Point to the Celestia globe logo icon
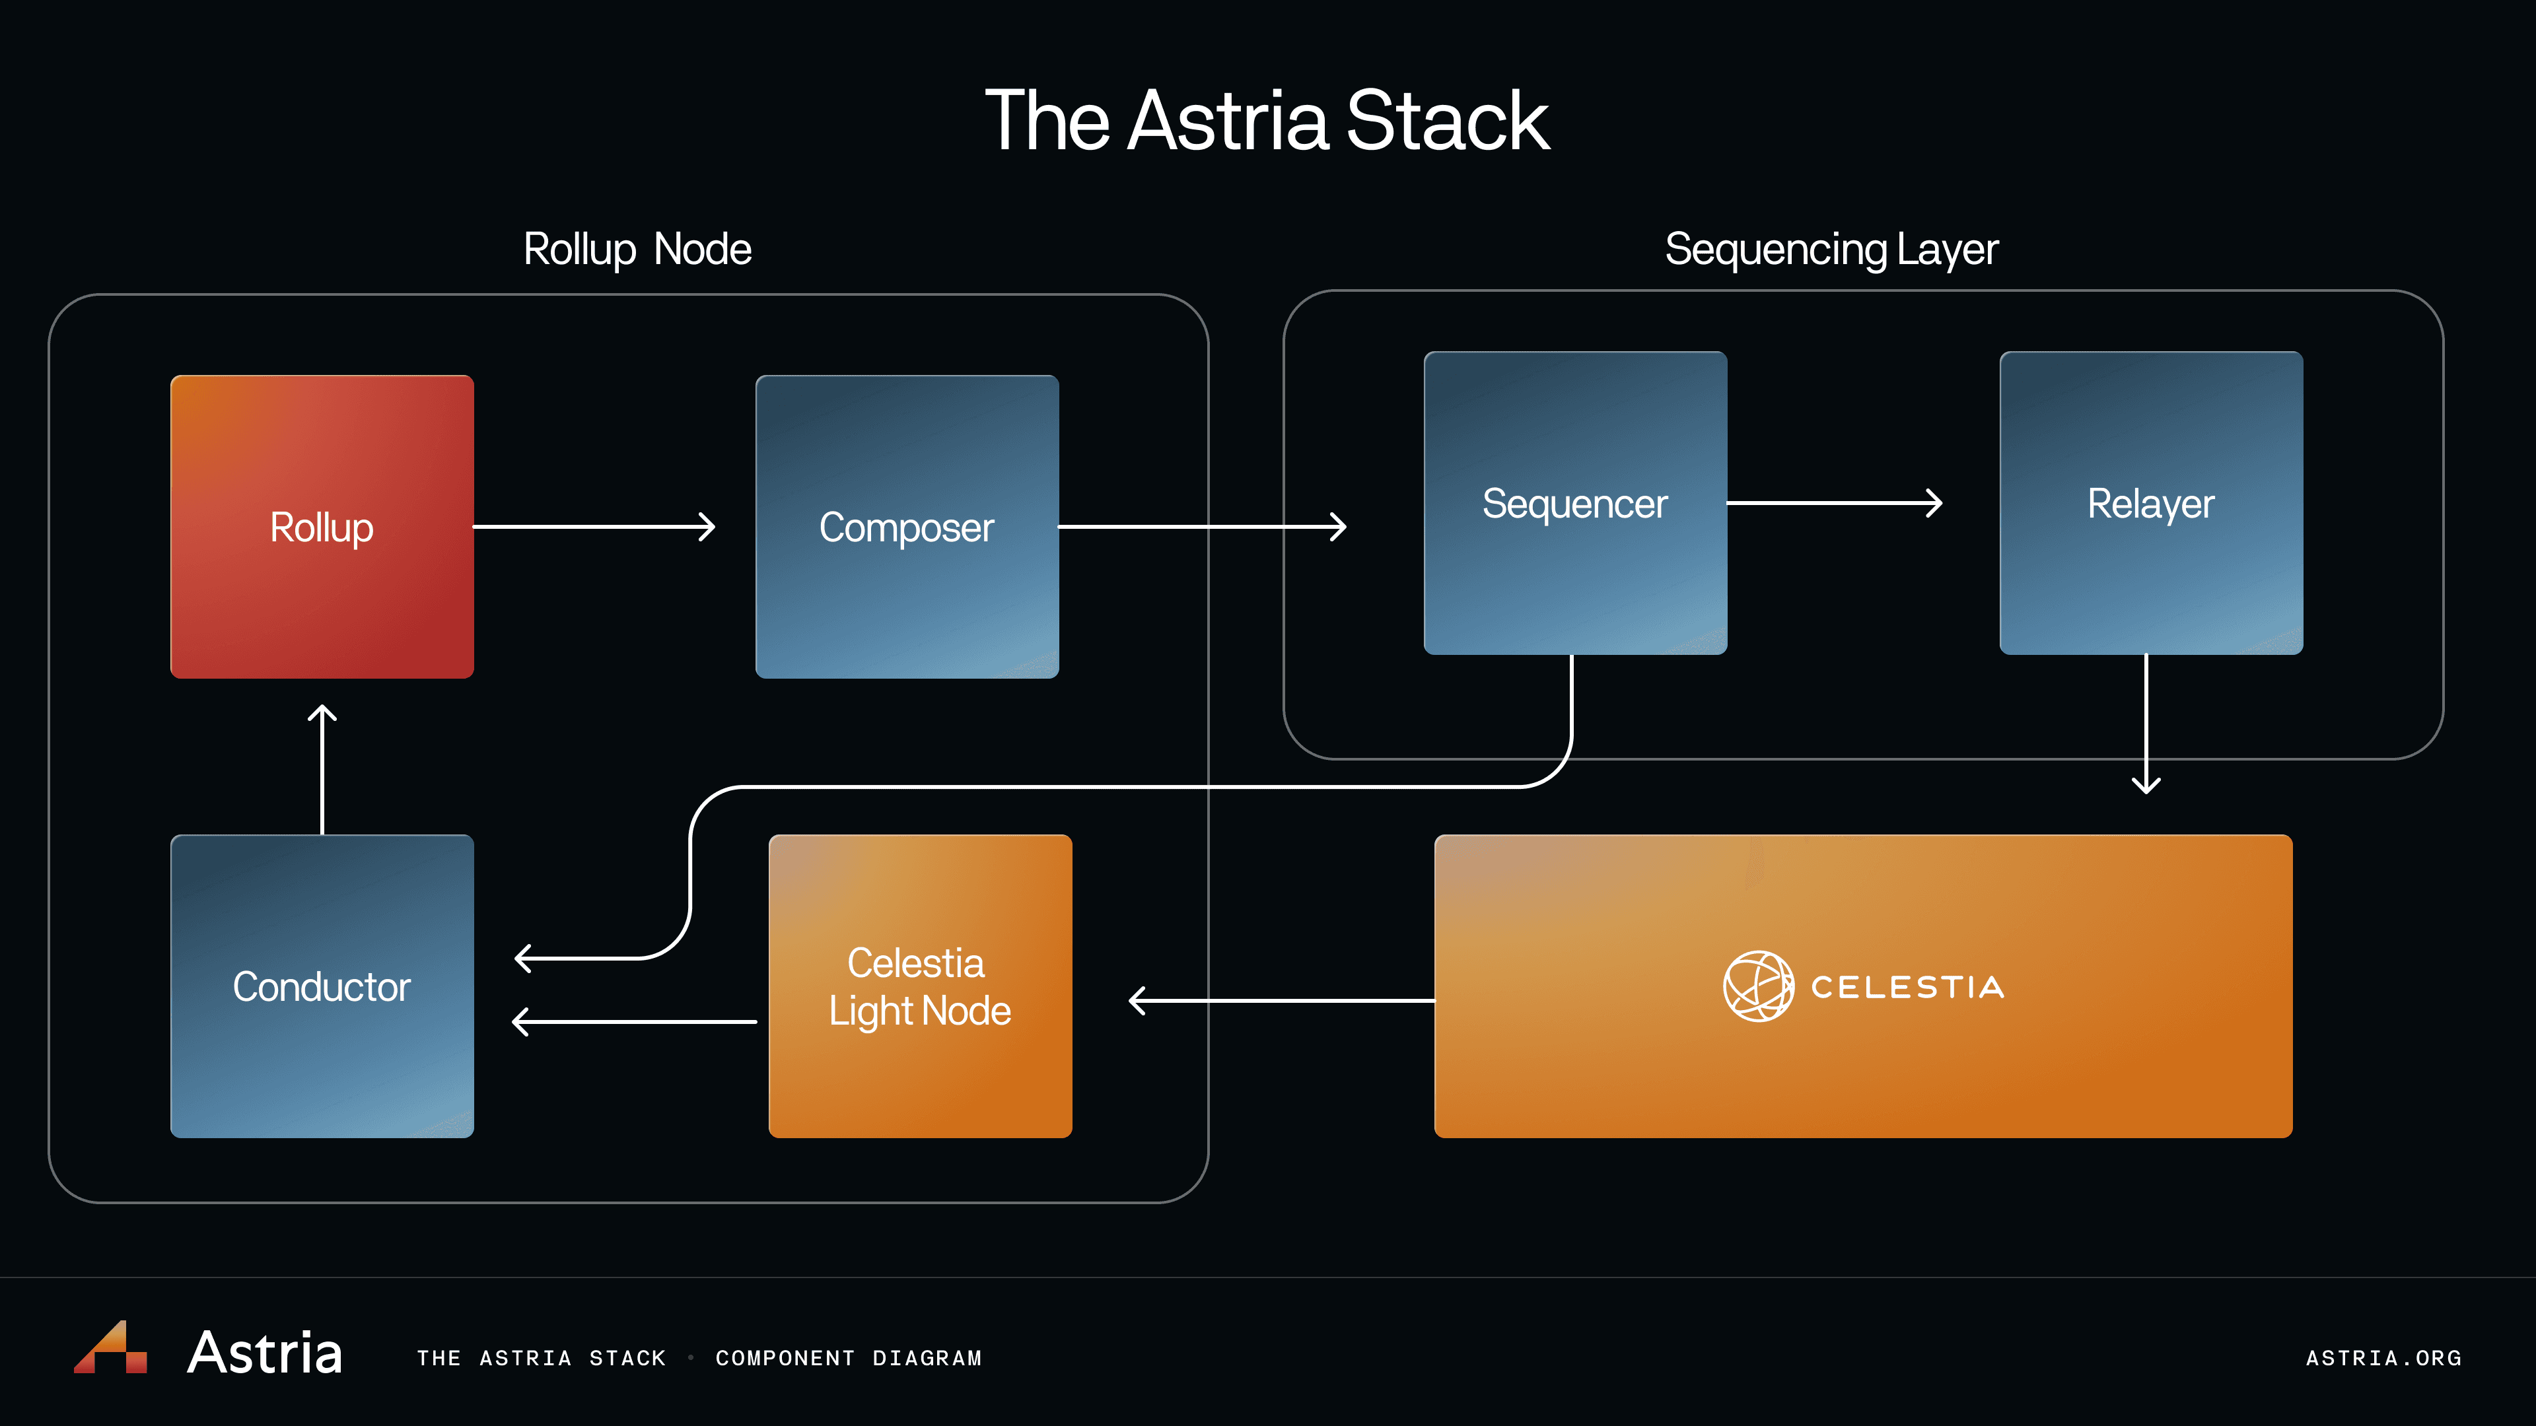pos(1758,986)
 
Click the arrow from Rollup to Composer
pos(594,527)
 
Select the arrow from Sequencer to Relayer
pos(1833,503)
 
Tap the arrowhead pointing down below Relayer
pos(2146,784)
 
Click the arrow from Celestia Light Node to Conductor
pos(635,1021)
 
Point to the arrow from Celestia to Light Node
pos(1281,1001)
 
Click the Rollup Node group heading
pos(637,249)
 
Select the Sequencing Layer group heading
pos(1831,249)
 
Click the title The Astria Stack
pos(1267,120)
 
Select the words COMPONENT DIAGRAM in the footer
pos(849,1358)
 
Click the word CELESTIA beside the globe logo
pos(1907,987)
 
